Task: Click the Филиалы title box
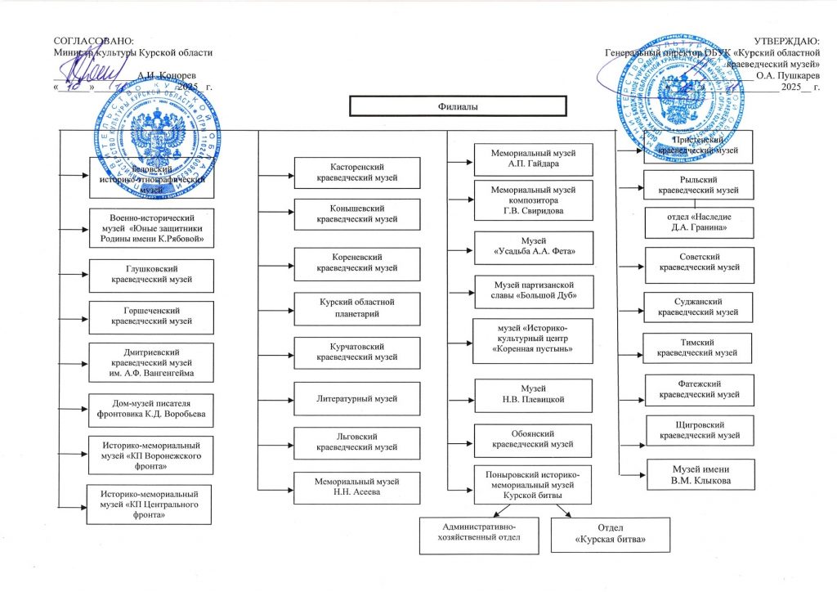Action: tap(457, 107)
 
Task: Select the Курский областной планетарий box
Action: tap(357, 308)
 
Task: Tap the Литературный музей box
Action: tap(357, 398)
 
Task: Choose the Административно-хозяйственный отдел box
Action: tap(479, 531)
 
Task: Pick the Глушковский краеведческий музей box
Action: tap(151, 275)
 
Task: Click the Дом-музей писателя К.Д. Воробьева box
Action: tap(151, 409)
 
